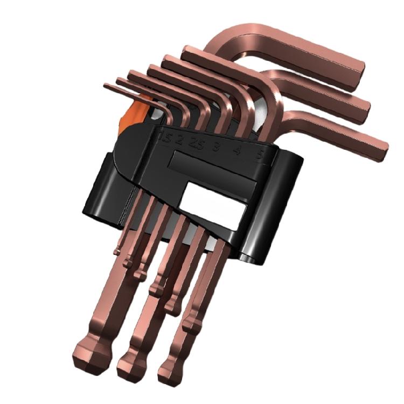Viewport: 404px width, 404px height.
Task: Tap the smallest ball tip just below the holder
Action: coord(117,249)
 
